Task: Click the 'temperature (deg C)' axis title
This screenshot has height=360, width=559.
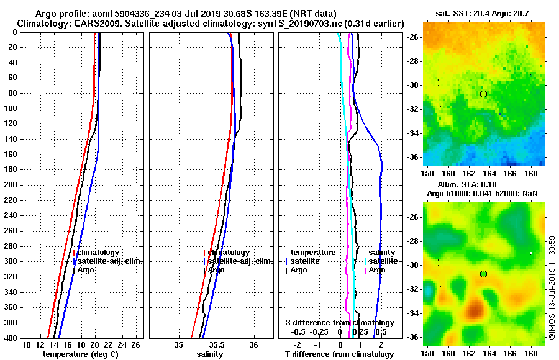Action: (80, 354)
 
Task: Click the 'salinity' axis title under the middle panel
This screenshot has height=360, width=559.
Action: (210, 354)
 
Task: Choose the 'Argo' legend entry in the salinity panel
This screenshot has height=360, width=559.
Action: (216, 270)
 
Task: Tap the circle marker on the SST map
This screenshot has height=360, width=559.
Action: (483, 94)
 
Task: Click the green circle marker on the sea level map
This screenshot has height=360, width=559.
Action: (483, 274)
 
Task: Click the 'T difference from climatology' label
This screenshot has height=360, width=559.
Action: (339, 354)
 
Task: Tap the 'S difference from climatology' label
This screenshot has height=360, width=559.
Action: (339, 323)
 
